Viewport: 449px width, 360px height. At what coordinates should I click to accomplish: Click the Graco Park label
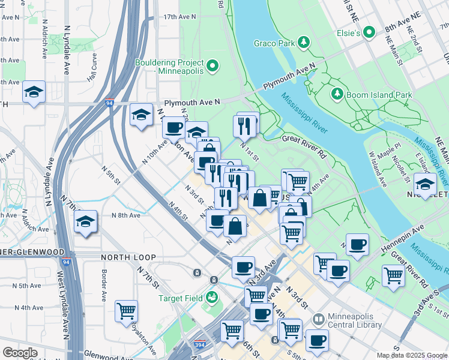[x=274, y=43]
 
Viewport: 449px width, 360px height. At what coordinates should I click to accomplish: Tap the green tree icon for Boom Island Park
[x=337, y=94]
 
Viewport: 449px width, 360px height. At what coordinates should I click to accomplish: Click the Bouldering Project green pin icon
[x=212, y=66]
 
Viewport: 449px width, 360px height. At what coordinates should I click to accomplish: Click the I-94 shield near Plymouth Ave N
[x=109, y=103]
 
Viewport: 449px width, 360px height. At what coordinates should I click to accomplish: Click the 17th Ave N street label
[x=179, y=17]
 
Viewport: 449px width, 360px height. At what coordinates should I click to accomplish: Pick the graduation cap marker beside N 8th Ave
[x=86, y=221]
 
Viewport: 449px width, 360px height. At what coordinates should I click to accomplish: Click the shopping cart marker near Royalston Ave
[x=127, y=311]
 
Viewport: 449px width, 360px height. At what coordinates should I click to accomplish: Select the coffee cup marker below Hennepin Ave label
[x=357, y=244]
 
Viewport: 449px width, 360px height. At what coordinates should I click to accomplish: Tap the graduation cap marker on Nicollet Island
[x=425, y=183]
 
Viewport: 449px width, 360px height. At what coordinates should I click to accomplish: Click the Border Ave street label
[x=104, y=288]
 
